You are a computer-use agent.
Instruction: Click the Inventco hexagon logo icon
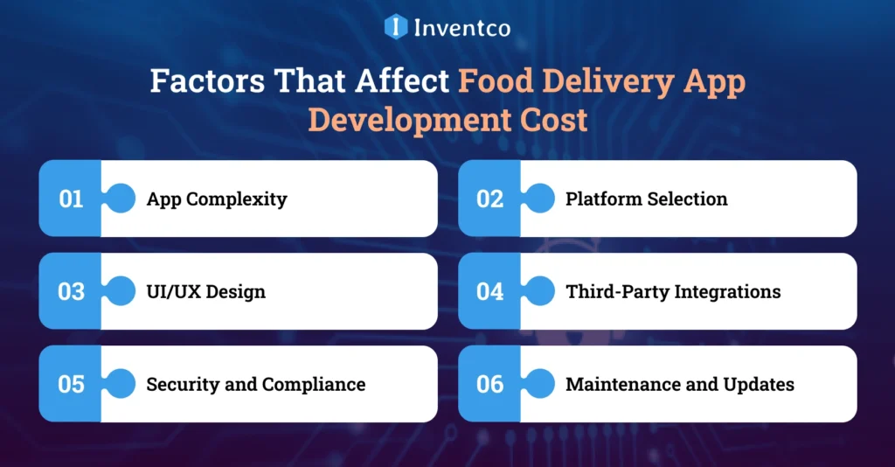pyautogui.click(x=396, y=27)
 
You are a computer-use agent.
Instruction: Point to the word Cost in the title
pyautogui.click(x=549, y=119)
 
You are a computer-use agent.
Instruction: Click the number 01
pyautogui.click(x=71, y=199)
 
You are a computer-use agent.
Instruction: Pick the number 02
pyautogui.click(x=489, y=199)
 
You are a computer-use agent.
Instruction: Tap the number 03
pyautogui.click(x=71, y=291)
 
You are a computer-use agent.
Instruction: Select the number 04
pyautogui.click(x=489, y=291)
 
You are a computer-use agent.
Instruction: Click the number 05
pyautogui.click(x=71, y=384)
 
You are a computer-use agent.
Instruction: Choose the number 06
pyautogui.click(x=489, y=384)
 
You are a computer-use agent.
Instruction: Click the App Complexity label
pyautogui.click(x=216, y=199)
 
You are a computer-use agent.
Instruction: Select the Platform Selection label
pyautogui.click(x=646, y=199)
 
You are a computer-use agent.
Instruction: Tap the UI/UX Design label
pyautogui.click(x=205, y=291)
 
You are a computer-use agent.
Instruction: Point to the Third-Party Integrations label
pyautogui.click(x=673, y=291)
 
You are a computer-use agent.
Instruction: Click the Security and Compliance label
pyautogui.click(x=255, y=384)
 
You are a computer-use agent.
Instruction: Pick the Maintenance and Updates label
pyautogui.click(x=679, y=384)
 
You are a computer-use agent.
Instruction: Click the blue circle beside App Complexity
pyautogui.click(x=120, y=199)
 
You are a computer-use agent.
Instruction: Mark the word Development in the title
pyautogui.click(x=416, y=119)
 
